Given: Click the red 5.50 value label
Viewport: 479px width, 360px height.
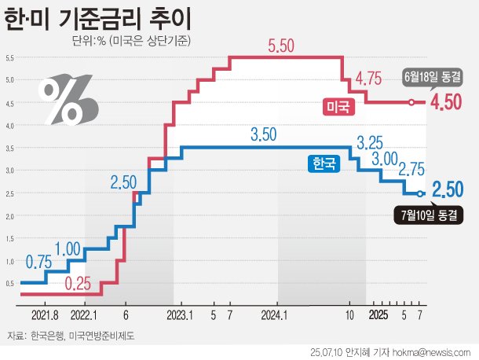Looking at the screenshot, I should tap(280, 46).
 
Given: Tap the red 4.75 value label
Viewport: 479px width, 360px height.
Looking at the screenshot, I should tap(368, 79).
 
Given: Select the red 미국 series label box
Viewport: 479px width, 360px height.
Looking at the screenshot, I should tap(339, 106).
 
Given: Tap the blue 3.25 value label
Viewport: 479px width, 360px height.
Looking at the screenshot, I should tap(370, 144).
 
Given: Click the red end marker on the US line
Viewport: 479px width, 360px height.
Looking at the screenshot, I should tap(410, 102).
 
